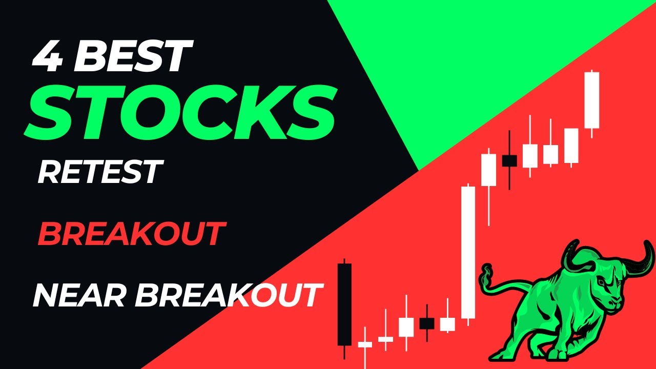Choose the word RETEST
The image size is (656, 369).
click(99, 172)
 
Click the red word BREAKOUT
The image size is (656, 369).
click(131, 234)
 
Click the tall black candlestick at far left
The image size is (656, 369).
click(344, 305)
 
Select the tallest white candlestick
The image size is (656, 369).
click(468, 252)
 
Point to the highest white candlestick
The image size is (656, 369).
click(592, 100)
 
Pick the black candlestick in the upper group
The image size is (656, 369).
click(509, 160)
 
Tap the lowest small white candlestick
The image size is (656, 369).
click(365, 344)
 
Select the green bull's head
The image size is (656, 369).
click(610, 287)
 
